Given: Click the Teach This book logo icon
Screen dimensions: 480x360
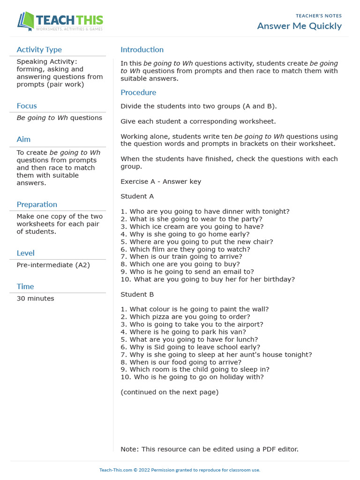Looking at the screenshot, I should tap(26, 22).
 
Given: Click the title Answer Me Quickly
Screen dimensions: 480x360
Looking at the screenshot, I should tap(299, 26).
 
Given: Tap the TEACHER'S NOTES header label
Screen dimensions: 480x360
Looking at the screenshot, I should tap(319, 16).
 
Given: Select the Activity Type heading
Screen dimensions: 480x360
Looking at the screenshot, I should tap(39, 50).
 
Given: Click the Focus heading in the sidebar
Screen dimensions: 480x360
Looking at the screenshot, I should tap(27, 106).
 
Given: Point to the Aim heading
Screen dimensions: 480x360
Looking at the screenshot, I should tap(23, 139).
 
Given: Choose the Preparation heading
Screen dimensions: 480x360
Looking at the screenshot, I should tap(37, 204).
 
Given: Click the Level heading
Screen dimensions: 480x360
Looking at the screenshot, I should tap(25, 253).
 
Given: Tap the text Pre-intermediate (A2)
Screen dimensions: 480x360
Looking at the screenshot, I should tap(53, 265).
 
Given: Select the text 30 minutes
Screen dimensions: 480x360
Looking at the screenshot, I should tap(35, 298).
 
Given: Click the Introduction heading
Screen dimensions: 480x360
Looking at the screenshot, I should tap(142, 50).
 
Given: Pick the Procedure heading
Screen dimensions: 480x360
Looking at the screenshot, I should tap(138, 92).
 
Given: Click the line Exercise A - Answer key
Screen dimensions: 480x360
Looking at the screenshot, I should tap(161, 181).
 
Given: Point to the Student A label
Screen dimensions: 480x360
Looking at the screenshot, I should tap(137, 196).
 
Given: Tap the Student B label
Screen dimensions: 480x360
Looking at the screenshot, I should tap(137, 294).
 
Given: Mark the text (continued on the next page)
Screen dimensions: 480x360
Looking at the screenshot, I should tap(169, 392).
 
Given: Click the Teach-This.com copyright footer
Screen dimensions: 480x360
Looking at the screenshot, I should tap(180, 470).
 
